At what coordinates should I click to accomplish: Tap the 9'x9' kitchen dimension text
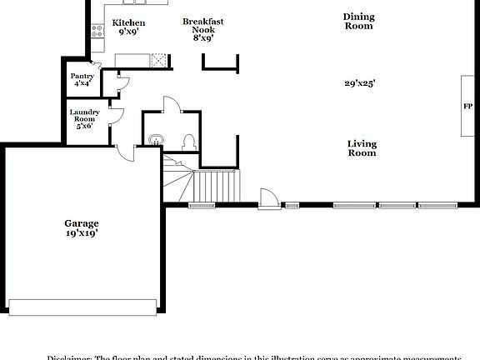127,32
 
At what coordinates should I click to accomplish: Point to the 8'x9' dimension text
202,37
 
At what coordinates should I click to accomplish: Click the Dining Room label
359,21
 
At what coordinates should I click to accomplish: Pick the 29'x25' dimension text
361,82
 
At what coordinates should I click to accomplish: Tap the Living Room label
362,148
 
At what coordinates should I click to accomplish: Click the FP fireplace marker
467,106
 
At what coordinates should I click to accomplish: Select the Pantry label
82,76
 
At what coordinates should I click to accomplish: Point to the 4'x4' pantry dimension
82,83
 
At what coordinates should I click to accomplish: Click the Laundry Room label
85,116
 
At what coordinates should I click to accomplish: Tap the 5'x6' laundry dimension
85,126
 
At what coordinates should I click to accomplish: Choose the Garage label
82,222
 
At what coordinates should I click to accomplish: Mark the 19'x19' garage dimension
82,233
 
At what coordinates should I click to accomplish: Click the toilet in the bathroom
189,140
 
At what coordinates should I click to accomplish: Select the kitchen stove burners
97,32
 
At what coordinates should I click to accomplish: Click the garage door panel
82,307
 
